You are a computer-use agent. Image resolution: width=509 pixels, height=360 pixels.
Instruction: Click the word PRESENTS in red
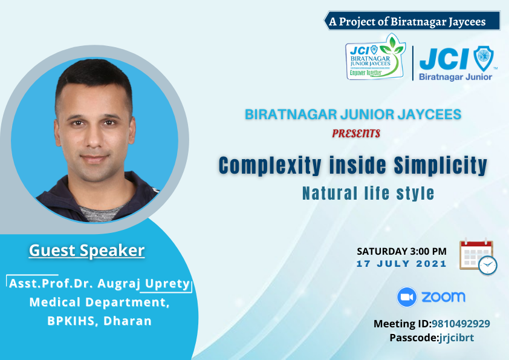[x=356, y=134]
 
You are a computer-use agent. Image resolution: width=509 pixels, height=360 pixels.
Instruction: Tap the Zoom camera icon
[x=407, y=297]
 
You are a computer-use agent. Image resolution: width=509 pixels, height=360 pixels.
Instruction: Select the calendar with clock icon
[x=478, y=257]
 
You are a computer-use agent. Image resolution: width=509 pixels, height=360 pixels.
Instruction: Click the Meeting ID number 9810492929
[x=461, y=324]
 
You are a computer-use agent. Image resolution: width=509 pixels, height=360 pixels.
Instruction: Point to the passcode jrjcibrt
[x=456, y=338]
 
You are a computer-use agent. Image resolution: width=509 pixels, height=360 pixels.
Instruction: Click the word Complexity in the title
[x=270, y=165]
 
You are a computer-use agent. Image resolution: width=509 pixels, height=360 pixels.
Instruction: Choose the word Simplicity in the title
[x=441, y=165]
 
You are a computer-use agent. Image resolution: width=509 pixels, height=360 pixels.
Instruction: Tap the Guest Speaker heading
[x=86, y=250]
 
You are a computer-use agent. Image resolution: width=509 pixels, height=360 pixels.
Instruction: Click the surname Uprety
[x=167, y=284]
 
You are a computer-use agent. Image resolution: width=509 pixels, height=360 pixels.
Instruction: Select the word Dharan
[x=128, y=321]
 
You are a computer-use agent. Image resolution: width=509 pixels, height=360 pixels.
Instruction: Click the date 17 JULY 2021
[x=401, y=264]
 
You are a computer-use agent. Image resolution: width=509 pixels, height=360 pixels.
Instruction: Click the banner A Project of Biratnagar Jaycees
[x=412, y=21]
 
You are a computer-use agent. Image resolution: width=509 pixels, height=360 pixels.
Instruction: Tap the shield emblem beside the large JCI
[x=484, y=59]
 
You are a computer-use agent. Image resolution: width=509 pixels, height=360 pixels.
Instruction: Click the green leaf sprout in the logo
[x=392, y=47]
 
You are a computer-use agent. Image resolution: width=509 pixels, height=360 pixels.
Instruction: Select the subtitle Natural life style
[x=368, y=194]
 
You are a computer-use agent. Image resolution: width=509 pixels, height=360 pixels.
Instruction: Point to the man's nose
[x=94, y=138]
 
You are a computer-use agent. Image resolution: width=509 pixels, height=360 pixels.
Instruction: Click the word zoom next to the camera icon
[x=444, y=297]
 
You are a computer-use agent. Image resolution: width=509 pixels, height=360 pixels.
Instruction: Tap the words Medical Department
[x=99, y=303]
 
